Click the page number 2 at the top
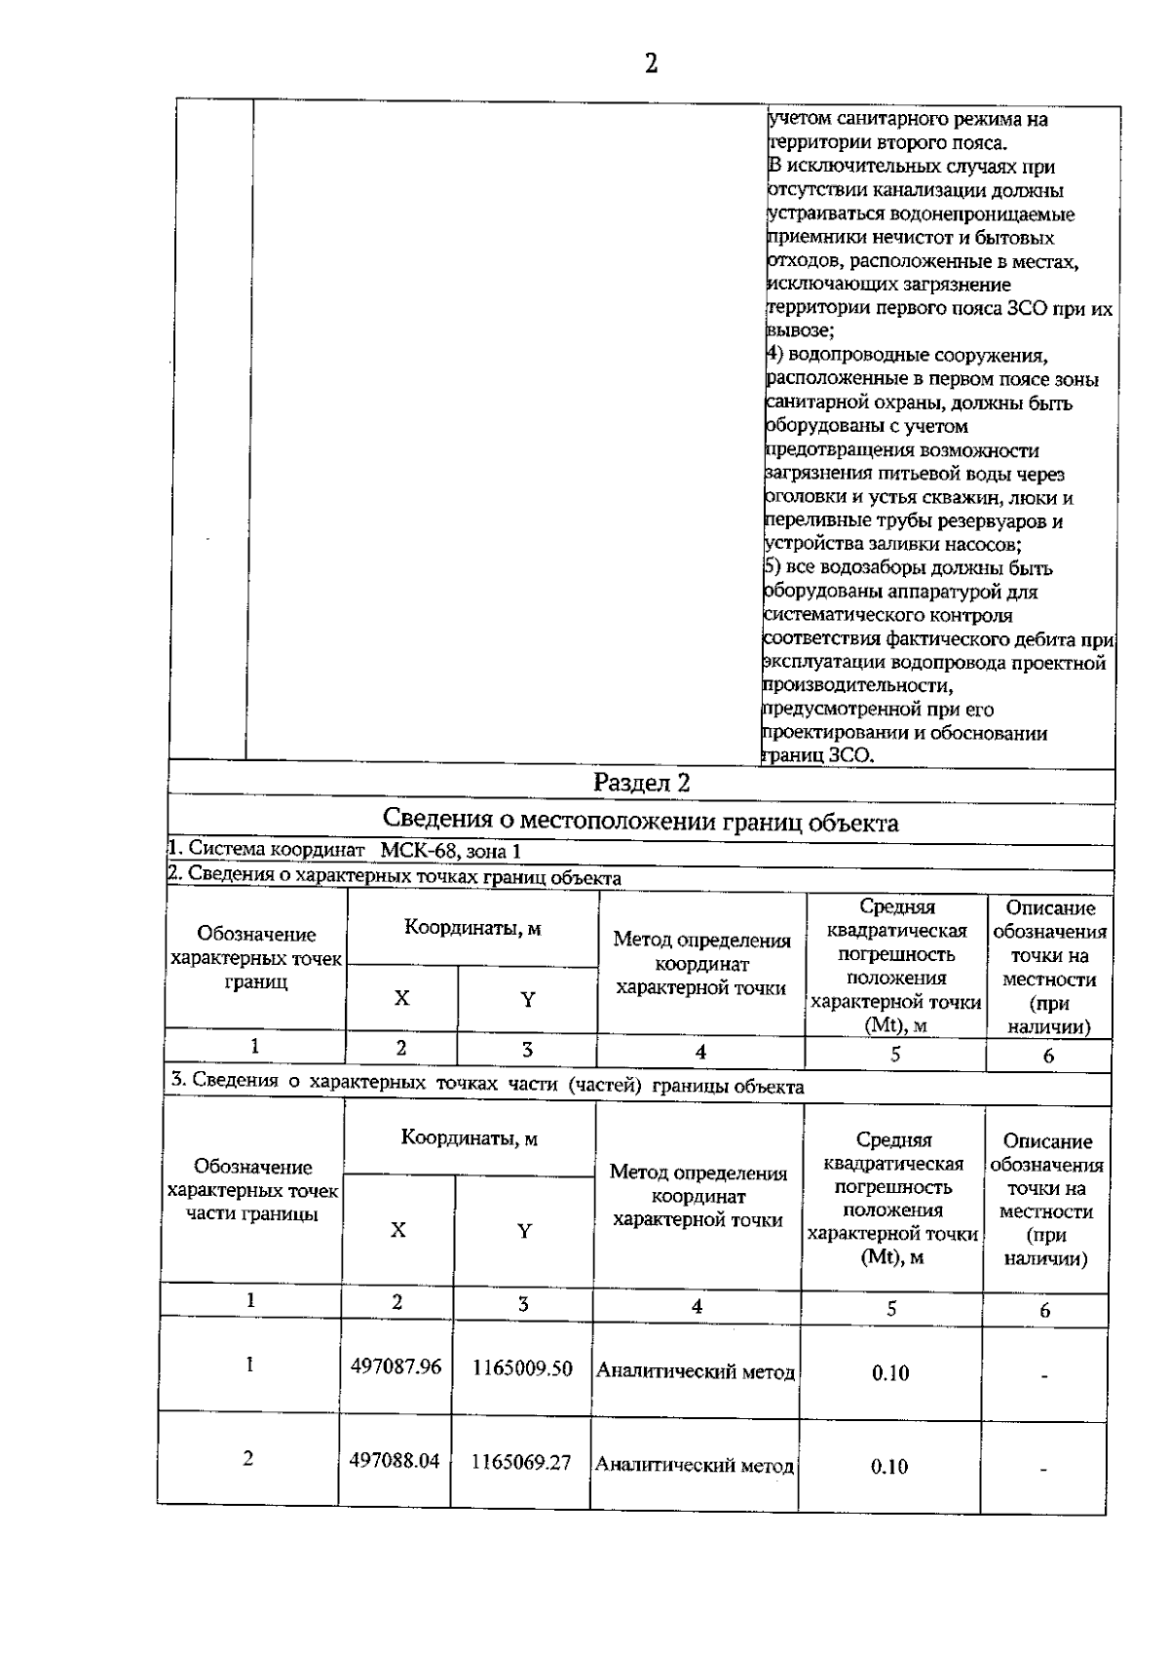click(651, 64)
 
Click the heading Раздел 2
click(642, 783)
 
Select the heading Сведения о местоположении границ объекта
click(640, 822)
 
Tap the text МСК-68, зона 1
click(443, 850)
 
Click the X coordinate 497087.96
click(396, 1366)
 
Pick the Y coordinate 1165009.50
click(522, 1368)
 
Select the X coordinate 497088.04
click(395, 1460)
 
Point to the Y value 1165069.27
click(521, 1462)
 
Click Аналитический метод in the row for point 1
click(695, 1371)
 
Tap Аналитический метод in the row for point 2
click(694, 1464)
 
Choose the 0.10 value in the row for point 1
click(890, 1373)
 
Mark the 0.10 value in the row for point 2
click(889, 1466)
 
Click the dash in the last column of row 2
click(1042, 1470)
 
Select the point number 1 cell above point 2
click(249, 1365)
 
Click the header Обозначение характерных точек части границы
click(252, 1190)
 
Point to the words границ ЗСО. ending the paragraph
click(818, 755)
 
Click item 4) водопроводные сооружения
click(906, 356)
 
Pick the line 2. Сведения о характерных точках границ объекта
click(395, 876)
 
